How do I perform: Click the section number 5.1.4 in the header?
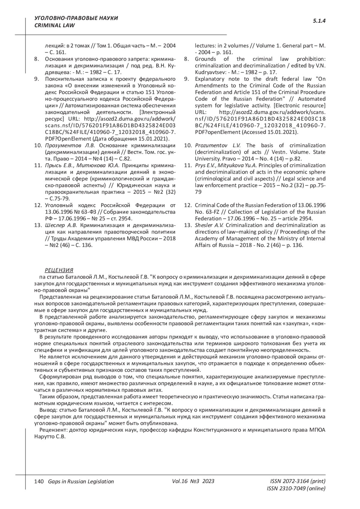click(319, 21)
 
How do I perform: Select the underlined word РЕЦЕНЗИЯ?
click(59, 270)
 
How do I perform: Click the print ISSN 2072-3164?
click(298, 481)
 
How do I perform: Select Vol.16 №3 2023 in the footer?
click(193, 481)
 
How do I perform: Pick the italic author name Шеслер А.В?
click(61, 225)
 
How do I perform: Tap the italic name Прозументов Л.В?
click(70, 145)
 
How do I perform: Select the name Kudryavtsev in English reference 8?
click(208, 72)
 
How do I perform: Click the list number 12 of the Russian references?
click(38, 205)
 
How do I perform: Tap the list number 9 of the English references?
click(186, 79)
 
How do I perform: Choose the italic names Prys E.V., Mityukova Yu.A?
click(226, 165)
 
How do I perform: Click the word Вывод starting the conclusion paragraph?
click(47, 410)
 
